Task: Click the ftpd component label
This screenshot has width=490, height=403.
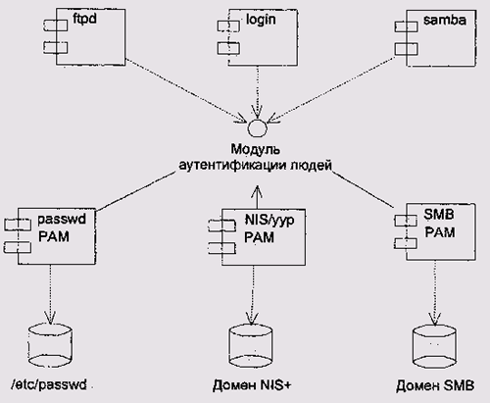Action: pos(84,19)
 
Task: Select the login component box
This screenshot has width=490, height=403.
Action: pos(263,37)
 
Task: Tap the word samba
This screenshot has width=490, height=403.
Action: pos(445,21)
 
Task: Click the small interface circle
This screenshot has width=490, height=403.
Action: pos(258,127)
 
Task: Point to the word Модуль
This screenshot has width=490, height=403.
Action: pos(256,150)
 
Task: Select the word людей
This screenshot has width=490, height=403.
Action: pos(311,166)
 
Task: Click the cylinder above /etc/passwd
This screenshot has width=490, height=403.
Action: pos(50,345)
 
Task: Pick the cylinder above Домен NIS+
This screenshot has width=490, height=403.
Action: pos(251,346)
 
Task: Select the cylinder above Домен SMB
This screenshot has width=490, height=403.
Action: pos(434,347)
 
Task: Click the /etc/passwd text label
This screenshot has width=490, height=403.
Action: pos(49,384)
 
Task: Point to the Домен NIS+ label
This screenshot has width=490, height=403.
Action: pos(252,385)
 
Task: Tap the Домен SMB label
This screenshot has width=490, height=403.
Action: pos(435,385)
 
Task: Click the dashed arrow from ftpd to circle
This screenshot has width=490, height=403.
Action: pos(186,91)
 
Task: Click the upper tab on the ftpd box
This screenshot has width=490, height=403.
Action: pos(56,25)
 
